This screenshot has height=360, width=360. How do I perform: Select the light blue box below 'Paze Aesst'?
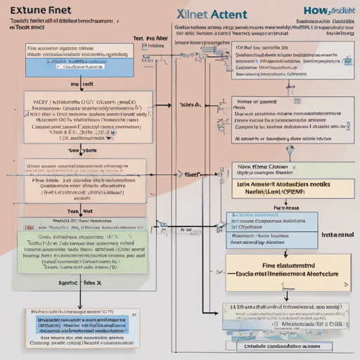click(x=267, y=230)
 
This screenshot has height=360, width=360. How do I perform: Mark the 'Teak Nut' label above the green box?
click(x=82, y=210)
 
